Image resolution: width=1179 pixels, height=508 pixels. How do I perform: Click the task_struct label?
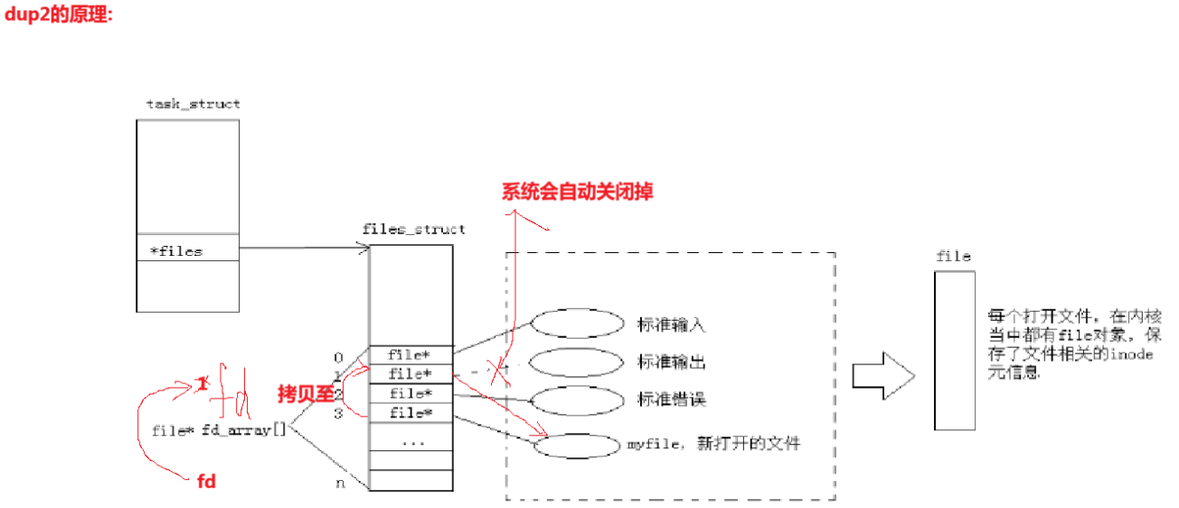point(193,104)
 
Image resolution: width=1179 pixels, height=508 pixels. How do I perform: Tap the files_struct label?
point(413,229)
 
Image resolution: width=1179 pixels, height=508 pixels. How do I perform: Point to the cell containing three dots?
point(411,442)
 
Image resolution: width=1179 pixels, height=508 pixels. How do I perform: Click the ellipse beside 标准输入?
point(578,324)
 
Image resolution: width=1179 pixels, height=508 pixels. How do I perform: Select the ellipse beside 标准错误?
point(578,399)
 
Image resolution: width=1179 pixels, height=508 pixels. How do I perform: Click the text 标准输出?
point(671,362)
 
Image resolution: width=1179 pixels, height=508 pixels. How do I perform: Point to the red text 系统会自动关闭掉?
point(578,192)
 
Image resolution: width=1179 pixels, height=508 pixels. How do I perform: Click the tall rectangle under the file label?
point(955,351)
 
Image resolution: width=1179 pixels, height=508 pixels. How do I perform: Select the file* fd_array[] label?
point(219,430)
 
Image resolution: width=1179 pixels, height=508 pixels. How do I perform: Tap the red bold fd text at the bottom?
point(206,481)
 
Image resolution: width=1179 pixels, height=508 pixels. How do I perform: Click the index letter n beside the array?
point(340,483)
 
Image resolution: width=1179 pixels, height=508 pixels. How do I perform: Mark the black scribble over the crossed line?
point(494,367)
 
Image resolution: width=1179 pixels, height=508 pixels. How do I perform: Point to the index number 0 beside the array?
point(339,356)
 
